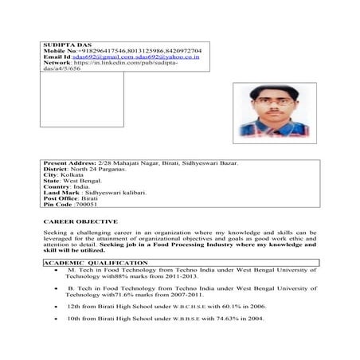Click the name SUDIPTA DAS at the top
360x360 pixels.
click(61, 43)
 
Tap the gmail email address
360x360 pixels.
click(100, 57)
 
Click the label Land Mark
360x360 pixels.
click(63, 192)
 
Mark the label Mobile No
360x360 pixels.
click(61, 50)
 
